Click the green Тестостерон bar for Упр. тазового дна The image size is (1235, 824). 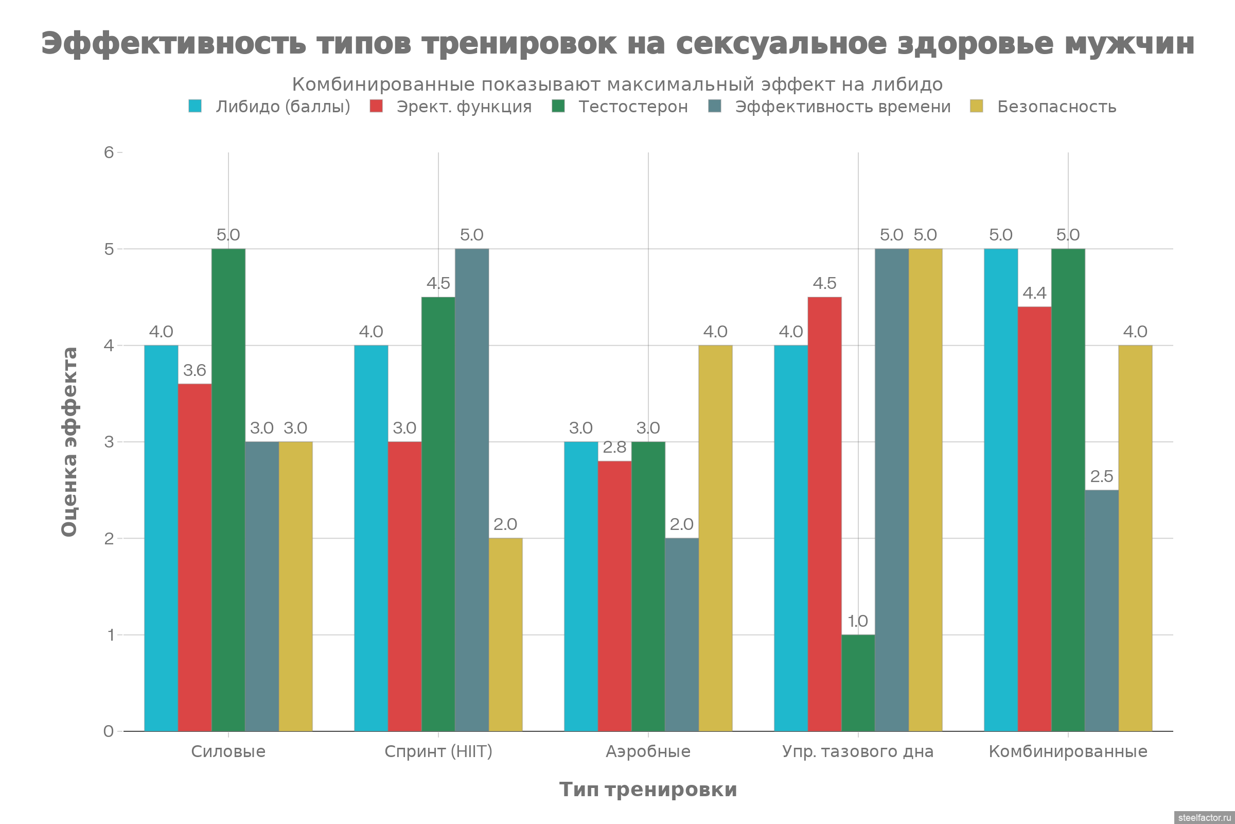point(858,683)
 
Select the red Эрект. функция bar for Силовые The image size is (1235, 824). point(195,557)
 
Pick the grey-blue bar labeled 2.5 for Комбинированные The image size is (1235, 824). point(1102,610)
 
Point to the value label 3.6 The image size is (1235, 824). point(195,371)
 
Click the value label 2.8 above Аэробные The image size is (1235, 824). point(614,448)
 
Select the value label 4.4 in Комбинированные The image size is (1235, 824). point(1034,293)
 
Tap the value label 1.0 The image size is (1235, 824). point(858,622)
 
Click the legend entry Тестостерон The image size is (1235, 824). point(633,107)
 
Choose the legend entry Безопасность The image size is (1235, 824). point(1056,107)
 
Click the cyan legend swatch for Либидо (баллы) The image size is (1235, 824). point(195,106)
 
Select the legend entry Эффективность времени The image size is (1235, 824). point(842,107)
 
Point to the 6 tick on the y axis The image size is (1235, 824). point(109,152)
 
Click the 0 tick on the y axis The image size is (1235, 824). point(109,731)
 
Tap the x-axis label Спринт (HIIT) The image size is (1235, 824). point(438,751)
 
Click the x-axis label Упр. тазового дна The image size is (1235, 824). point(858,751)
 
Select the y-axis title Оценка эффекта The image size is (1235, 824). point(69,441)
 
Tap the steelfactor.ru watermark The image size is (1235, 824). point(1204,818)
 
